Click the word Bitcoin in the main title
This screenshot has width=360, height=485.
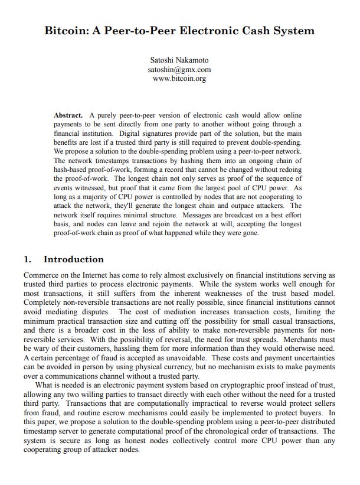coord(69,30)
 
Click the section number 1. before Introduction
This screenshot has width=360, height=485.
coord(28,259)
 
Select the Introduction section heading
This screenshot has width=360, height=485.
coord(74,259)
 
